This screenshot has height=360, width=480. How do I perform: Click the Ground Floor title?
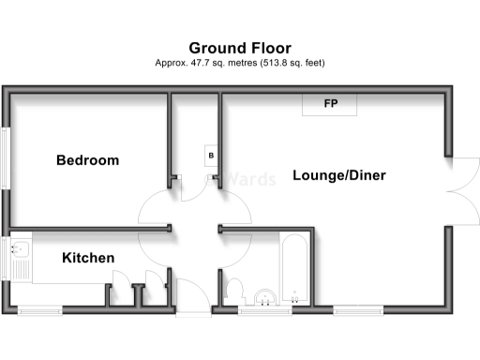point(240,48)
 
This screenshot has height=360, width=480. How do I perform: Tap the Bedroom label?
point(87,160)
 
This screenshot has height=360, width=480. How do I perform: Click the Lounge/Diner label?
point(338,175)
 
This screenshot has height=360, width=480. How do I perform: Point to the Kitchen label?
point(88,258)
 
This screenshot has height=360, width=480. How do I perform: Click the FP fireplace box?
point(330,104)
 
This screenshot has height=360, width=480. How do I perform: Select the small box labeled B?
point(211,155)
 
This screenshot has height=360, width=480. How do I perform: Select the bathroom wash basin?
point(266,294)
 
